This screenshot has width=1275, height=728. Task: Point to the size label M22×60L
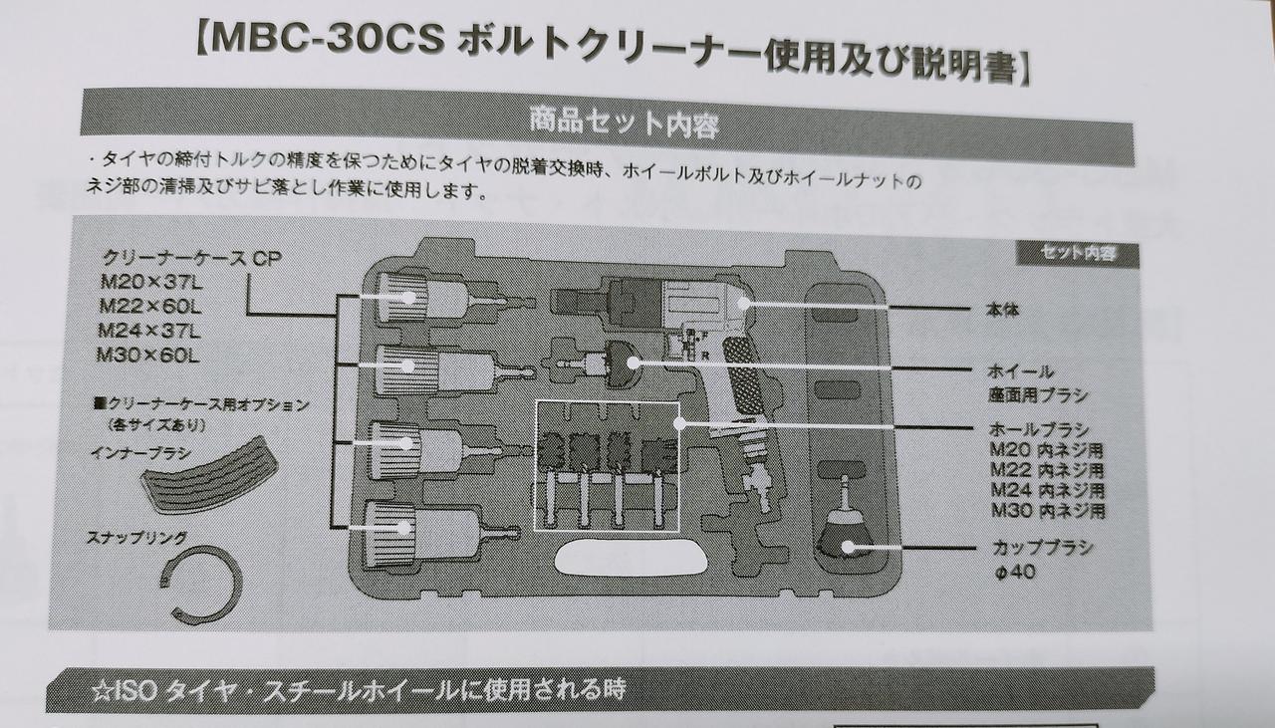[x=149, y=304]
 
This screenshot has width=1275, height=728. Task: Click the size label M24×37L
[x=149, y=330]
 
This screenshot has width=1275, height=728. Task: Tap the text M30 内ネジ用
[x=1048, y=510]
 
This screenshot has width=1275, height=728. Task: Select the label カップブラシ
[x=1042, y=548]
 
